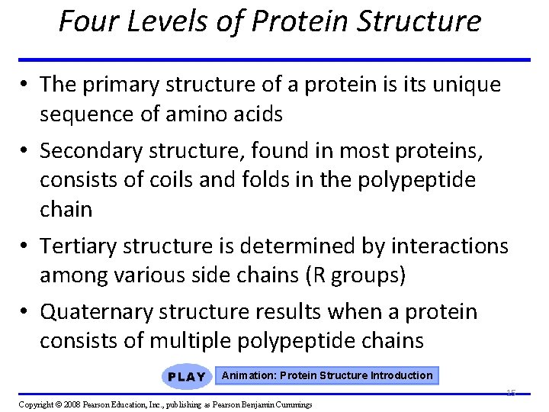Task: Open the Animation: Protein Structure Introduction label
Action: [327, 375]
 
